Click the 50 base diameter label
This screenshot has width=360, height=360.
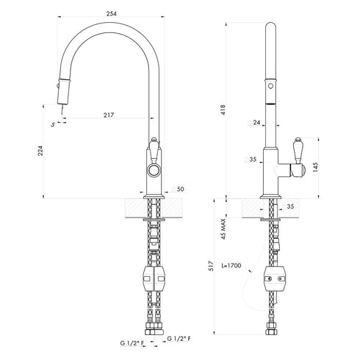tap(180, 190)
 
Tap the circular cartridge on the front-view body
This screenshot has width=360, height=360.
tap(153, 170)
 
